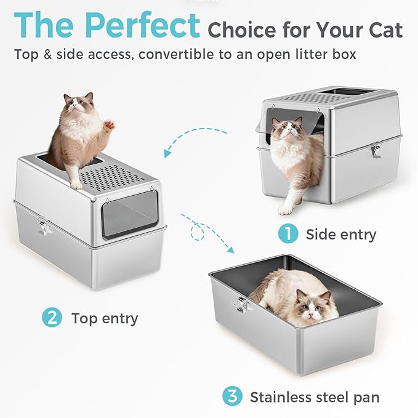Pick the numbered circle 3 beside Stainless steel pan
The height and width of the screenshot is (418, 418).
click(232, 397)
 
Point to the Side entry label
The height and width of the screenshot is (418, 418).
click(341, 235)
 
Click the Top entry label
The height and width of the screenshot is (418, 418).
click(105, 318)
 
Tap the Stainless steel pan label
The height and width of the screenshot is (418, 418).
click(315, 397)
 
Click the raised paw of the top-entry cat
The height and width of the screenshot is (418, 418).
click(110, 124)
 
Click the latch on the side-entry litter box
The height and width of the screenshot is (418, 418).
click(374, 150)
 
